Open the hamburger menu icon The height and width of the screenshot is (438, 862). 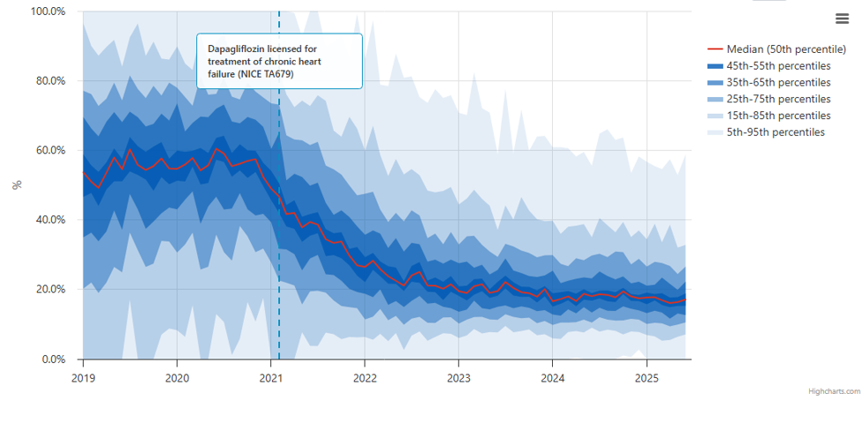click(x=841, y=19)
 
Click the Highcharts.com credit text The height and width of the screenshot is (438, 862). click(x=832, y=391)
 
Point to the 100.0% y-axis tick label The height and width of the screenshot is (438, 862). click(x=48, y=11)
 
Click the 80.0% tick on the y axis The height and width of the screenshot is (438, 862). click(x=49, y=81)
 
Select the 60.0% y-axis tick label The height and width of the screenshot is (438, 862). click(x=49, y=150)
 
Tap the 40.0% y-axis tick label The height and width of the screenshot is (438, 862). click(x=49, y=220)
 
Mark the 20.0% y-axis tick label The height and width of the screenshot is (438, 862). click(x=49, y=290)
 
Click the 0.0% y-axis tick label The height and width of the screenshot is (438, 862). click(x=52, y=359)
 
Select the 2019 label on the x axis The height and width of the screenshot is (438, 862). click(x=83, y=376)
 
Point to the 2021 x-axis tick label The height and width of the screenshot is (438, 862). click(x=270, y=376)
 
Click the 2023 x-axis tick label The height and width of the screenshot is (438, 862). click(x=457, y=376)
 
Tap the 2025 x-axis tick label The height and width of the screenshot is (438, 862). click(x=646, y=376)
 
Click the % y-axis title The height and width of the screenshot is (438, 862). click(x=16, y=185)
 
